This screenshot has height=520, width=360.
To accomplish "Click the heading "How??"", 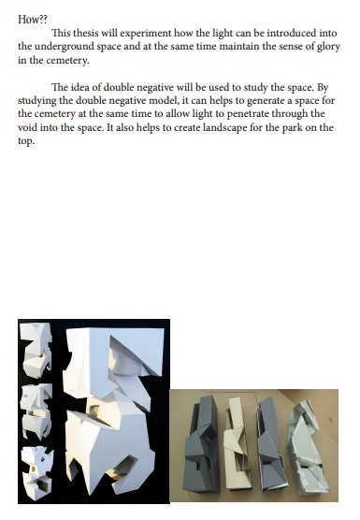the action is pyautogui.click(x=33, y=20).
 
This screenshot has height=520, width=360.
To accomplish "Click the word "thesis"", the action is pyautogui.click(x=85, y=33).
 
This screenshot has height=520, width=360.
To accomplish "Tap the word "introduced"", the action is pyautogui.click(x=292, y=33).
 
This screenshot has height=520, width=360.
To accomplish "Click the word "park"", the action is pyautogui.click(x=292, y=128).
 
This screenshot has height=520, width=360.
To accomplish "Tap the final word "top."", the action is pyautogui.click(x=26, y=141).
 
